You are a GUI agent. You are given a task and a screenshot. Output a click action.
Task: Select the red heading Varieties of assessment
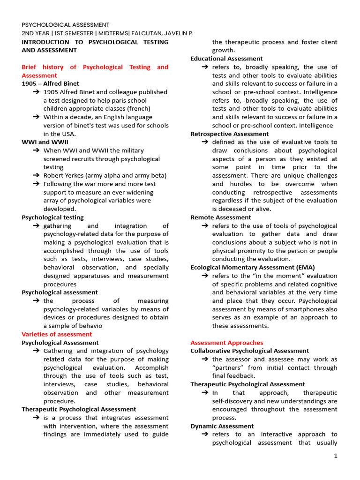pos(57,334)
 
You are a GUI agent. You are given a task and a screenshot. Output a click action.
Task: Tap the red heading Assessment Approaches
pos(226,343)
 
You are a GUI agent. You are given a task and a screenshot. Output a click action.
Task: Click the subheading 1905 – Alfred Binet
pos(50,83)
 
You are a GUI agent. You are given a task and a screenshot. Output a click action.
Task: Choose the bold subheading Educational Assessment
pos(226,59)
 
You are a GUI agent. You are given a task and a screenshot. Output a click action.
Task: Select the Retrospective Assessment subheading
pos(229,134)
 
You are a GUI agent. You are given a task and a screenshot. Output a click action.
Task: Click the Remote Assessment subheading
pos(220,217)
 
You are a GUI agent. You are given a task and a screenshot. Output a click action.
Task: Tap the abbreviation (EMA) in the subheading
pos(305,268)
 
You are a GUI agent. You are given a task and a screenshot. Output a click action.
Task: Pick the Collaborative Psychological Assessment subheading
pos(249,351)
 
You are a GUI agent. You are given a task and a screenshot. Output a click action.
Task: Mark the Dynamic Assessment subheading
pos(222,426)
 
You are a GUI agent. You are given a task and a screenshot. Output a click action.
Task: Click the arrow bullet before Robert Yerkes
pos(36,176)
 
